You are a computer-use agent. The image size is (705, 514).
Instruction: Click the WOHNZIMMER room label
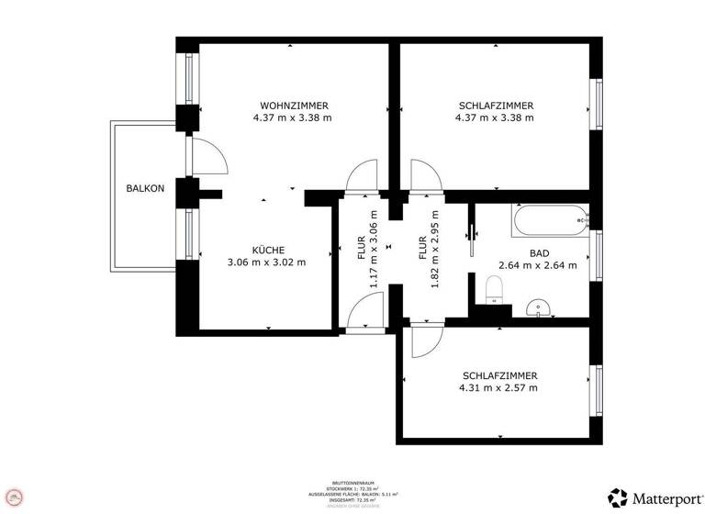(x=294, y=106)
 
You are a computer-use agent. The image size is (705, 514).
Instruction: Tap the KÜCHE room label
(x=268, y=250)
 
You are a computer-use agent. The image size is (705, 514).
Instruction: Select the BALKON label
(x=145, y=189)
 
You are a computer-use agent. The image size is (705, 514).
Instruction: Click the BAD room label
(x=538, y=253)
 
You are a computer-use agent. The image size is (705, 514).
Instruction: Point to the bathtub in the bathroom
(x=549, y=220)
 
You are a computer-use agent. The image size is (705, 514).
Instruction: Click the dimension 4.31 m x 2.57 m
(x=499, y=388)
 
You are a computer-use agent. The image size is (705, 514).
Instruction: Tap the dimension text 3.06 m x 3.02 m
(x=266, y=263)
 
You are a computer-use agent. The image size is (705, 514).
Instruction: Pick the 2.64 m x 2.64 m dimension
(x=538, y=266)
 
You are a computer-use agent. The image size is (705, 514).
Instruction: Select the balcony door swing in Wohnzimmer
(x=209, y=156)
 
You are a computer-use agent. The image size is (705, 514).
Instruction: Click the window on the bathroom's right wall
(x=597, y=254)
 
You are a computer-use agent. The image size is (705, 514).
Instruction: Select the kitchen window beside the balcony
(x=188, y=235)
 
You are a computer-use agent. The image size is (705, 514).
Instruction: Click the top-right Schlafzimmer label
(x=496, y=106)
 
